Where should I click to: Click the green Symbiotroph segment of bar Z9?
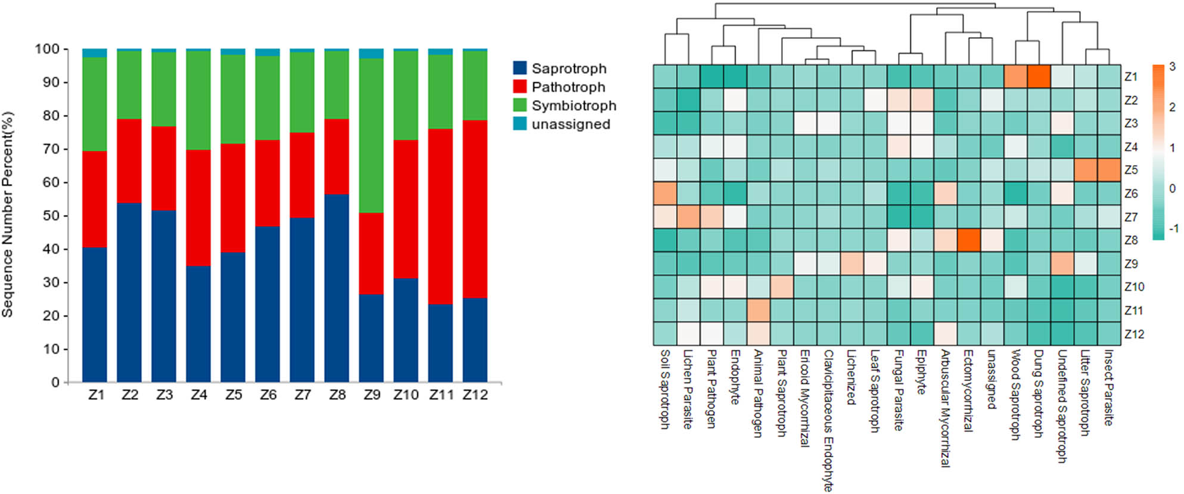coord(371,135)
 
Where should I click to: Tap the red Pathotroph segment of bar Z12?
coord(475,209)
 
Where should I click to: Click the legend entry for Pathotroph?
coord(568,87)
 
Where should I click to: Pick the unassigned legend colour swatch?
coord(520,124)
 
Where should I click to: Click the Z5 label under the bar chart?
coord(234,395)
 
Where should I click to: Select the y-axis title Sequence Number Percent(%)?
coord(7,215)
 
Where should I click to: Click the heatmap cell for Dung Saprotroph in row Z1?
coord(1039,76)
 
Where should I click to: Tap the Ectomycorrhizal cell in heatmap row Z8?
coord(968,240)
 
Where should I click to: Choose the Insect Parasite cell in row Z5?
coord(1109,170)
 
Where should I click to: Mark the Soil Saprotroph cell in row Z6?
coord(665,194)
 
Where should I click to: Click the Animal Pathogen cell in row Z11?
coord(759,310)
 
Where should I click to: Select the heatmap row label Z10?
coord(1134,287)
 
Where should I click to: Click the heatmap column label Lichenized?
coord(851,377)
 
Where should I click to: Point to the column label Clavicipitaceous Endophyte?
coord(828,420)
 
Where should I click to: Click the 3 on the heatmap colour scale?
coord(1172,66)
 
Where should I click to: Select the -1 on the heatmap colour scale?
coord(1171,229)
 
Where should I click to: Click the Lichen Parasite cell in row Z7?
coord(688,217)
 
